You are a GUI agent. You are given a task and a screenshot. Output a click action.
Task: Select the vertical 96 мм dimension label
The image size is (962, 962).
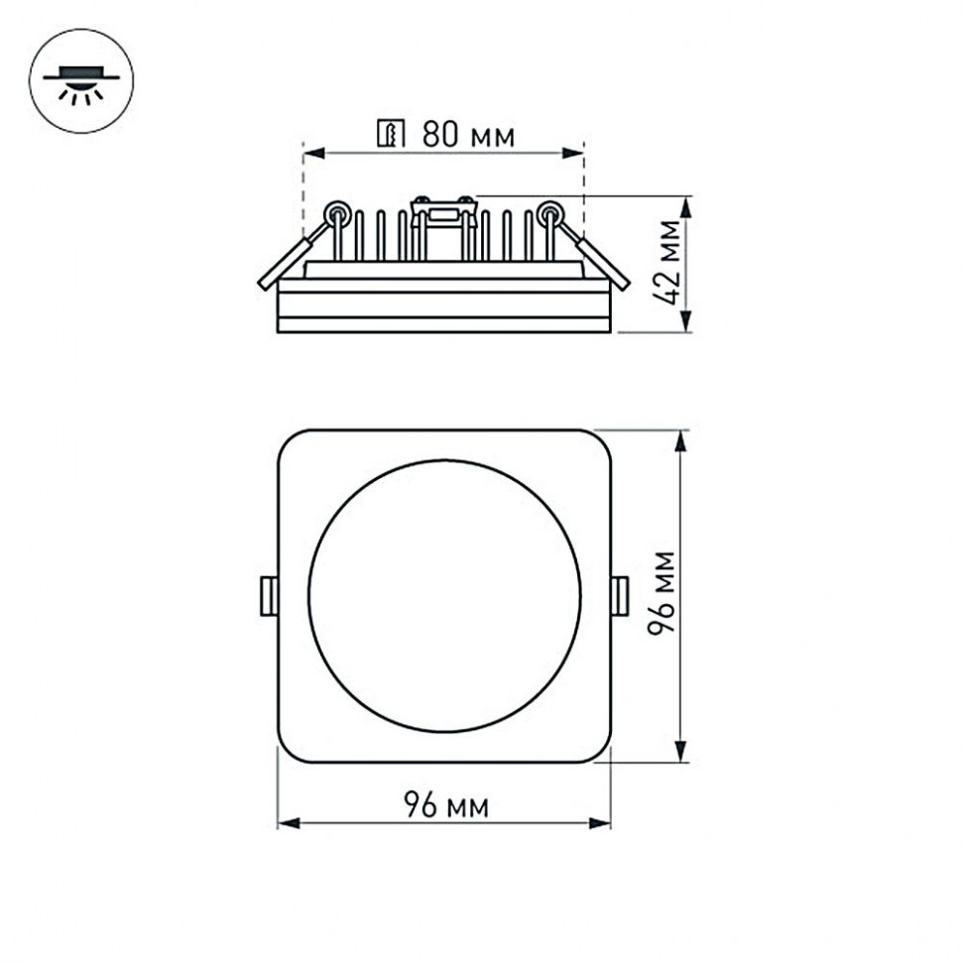(662, 592)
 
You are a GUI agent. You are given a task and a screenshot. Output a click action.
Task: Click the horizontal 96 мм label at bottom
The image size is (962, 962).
(445, 806)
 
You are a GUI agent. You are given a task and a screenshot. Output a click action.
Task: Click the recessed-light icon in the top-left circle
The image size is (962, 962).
(81, 80)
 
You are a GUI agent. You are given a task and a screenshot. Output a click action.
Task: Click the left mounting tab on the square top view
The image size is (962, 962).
(268, 596)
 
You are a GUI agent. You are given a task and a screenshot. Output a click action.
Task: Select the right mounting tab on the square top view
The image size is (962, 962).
(620, 596)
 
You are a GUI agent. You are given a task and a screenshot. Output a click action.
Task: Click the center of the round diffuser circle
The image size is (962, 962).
(444, 596)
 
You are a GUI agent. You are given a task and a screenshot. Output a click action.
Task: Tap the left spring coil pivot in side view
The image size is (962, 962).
(337, 211)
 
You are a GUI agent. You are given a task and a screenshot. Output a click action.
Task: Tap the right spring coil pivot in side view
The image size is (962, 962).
(548, 211)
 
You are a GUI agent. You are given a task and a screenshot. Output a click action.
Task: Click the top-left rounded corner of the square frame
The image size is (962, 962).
(290, 441)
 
